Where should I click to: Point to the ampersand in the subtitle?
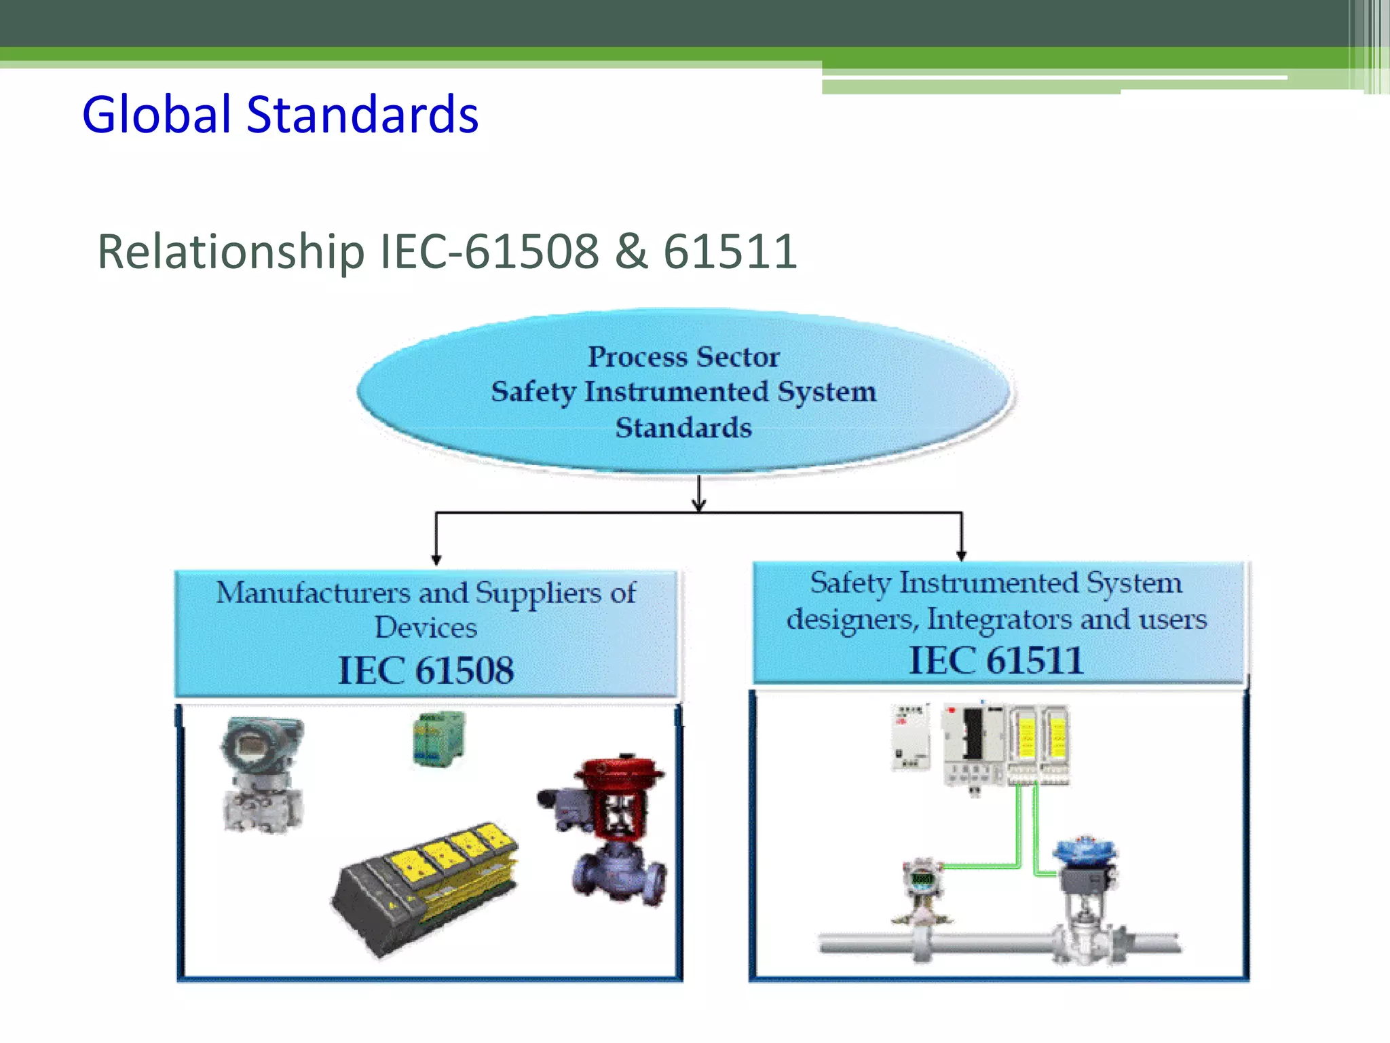click(x=631, y=251)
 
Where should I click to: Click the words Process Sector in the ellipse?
click(x=683, y=356)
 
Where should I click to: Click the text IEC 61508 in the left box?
click(x=426, y=670)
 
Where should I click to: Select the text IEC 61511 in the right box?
click(x=996, y=660)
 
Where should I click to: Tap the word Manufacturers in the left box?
click(x=313, y=593)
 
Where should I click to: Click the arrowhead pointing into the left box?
click(x=436, y=560)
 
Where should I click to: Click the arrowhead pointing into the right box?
click(x=961, y=555)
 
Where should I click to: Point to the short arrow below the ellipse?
click(x=699, y=494)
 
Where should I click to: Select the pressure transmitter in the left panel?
click(x=263, y=774)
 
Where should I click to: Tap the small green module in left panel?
click(x=438, y=739)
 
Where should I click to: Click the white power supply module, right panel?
click(x=910, y=737)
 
